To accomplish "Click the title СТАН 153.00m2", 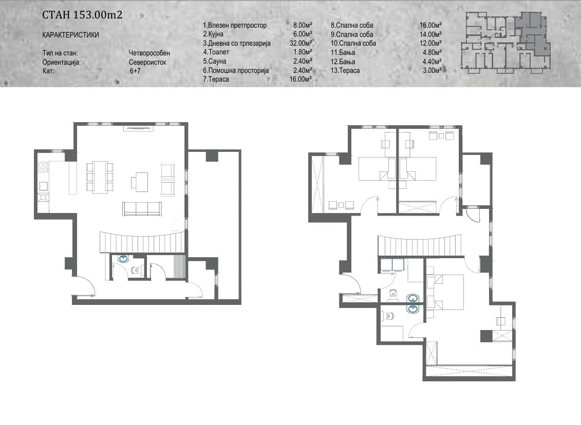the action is pyautogui.click(x=82, y=15).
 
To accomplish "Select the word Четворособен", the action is pyautogui.click(x=149, y=53).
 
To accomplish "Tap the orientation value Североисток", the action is pyautogui.click(x=147, y=62).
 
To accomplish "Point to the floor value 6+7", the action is pyautogui.click(x=135, y=71).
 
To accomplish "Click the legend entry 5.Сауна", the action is pyautogui.click(x=214, y=61).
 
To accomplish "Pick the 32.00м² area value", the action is pyautogui.click(x=301, y=43).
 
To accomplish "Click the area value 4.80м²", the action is pyautogui.click(x=432, y=52).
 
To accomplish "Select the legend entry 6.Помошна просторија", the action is pyautogui.click(x=236, y=70).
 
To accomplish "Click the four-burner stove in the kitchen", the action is pyautogui.click(x=43, y=168).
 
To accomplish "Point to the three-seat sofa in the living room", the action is pyautogui.click(x=142, y=208).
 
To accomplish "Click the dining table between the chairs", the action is pyautogui.click(x=100, y=177).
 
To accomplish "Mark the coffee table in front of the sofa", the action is pyautogui.click(x=139, y=182).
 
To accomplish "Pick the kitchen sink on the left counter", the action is pyautogui.click(x=43, y=185).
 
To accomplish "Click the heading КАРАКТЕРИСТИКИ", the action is pyautogui.click(x=71, y=35).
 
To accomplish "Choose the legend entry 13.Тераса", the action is pyautogui.click(x=345, y=70).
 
